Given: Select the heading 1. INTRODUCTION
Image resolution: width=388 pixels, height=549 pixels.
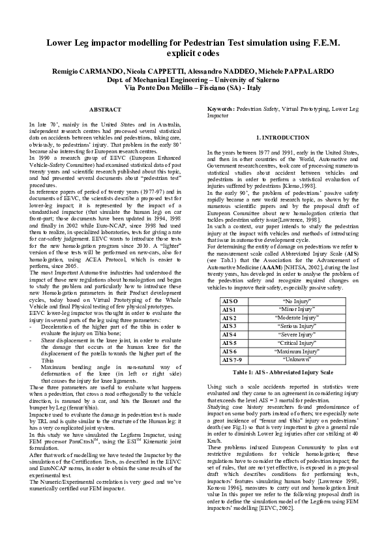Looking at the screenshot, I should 282,138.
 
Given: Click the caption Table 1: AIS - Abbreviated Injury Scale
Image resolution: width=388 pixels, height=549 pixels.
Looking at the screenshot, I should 282,372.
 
